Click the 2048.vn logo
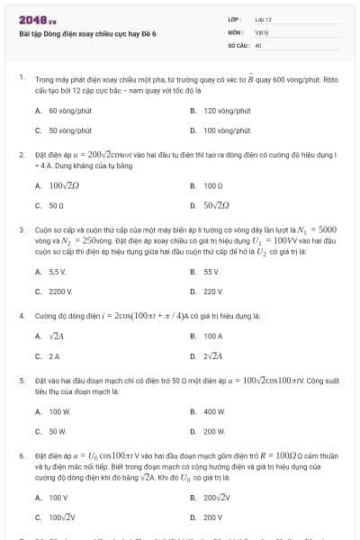point(38,20)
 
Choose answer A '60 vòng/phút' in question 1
point(65,111)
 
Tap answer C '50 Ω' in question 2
point(55,205)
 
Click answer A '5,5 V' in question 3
point(58,271)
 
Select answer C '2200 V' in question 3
point(59,291)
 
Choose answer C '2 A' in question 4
point(54,355)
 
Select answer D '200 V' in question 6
point(213,517)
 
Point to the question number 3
point(22,229)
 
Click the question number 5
point(22,381)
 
